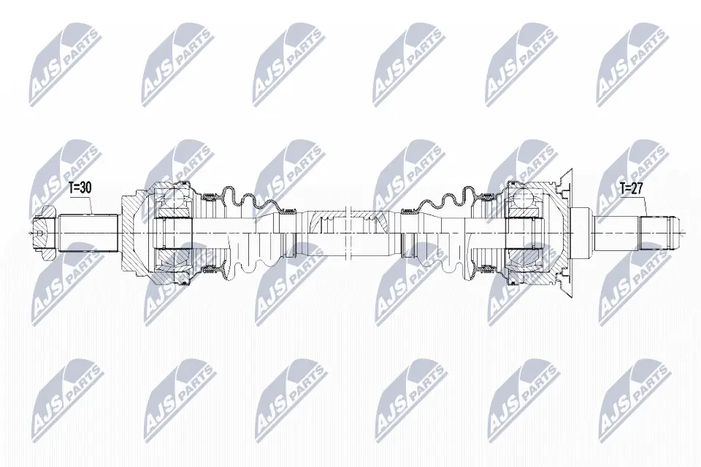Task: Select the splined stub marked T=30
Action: [x=89, y=233]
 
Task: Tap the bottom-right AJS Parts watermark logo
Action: [x=632, y=398]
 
